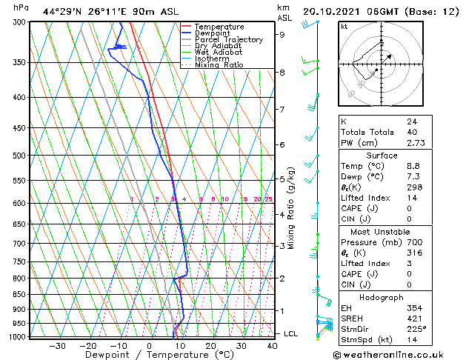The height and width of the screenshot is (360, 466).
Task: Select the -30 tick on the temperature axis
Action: click(57, 346)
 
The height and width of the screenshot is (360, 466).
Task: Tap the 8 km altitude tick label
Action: click(282, 73)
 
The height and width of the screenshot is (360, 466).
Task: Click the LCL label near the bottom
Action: click(291, 334)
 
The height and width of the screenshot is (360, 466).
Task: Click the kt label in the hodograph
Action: click(344, 26)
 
